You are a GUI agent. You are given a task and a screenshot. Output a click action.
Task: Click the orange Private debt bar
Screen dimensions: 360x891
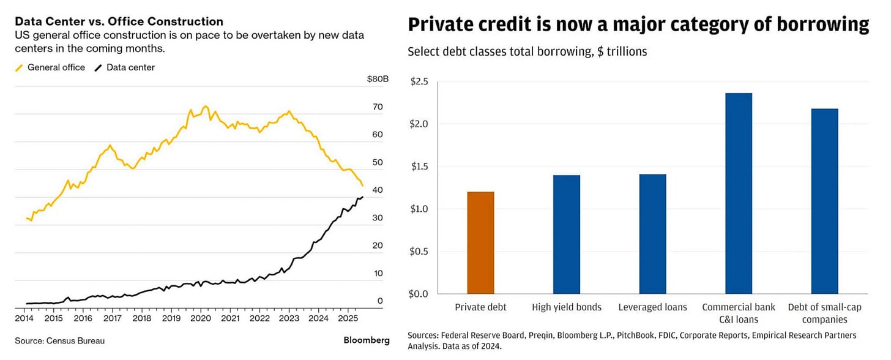(480, 242)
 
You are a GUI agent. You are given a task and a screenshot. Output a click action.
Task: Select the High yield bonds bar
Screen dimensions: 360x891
(567, 234)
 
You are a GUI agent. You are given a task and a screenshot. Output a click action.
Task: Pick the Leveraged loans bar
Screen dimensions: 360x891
(652, 234)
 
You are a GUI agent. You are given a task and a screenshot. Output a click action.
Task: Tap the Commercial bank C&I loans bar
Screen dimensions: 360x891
(739, 193)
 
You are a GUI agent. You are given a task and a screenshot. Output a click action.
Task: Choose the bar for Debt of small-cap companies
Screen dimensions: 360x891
(825, 201)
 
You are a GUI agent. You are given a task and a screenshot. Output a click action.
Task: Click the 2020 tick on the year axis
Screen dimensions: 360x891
(201, 318)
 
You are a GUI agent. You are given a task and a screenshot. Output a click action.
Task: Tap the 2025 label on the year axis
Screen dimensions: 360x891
(348, 318)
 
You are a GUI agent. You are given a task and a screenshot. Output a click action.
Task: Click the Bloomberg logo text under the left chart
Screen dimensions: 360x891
(367, 340)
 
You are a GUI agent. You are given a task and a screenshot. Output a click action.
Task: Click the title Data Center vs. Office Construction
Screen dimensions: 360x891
(119, 22)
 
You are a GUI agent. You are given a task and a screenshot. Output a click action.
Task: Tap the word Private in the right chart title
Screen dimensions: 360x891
(441, 24)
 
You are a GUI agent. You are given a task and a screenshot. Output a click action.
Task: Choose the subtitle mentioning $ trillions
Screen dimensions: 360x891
(527, 51)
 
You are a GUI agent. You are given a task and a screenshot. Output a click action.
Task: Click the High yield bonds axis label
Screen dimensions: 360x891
(567, 307)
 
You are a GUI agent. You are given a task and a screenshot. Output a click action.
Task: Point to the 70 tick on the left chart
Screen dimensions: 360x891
(378, 107)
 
